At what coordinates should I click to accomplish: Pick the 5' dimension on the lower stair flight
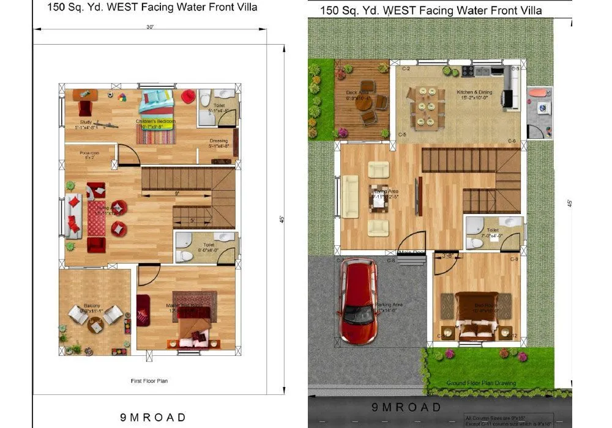click(x=192, y=220)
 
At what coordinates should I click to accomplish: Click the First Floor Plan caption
click(x=149, y=381)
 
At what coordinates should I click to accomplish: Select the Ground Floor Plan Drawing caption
click(x=481, y=383)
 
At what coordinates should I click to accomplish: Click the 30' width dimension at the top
click(x=150, y=28)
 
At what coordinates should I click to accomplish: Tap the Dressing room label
click(x=218, y=143)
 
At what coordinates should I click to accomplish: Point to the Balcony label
click(x=92, y=306)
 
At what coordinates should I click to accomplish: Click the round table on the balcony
click(x=95, y=326)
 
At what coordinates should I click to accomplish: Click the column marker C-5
click(x=402, y=134)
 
